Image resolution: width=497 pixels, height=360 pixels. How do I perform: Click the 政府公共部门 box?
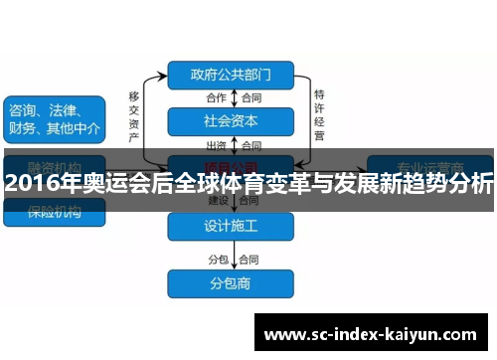tap(231, 74)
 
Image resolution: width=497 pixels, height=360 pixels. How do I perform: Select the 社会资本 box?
tap(231, 121)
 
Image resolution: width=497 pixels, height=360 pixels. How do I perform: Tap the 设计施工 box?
tap(231, 226)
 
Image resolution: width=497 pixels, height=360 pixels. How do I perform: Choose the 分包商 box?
tap(231, 283)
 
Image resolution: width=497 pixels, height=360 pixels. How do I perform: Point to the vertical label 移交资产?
tap(134, 115)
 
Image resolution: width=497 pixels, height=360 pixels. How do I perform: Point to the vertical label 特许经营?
tap(319, 114)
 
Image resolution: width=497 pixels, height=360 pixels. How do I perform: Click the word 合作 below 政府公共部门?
tap(217, 97)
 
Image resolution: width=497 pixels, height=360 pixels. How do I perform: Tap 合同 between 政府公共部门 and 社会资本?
tap(250, 97)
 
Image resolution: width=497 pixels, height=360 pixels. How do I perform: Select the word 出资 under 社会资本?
tap(217, 145)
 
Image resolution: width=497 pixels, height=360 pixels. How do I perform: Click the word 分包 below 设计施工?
tap(218, 259)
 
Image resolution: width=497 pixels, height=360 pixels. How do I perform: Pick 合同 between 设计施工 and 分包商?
tap(250, 259)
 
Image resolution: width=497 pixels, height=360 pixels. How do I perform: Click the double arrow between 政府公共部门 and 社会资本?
tap(234, 97)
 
